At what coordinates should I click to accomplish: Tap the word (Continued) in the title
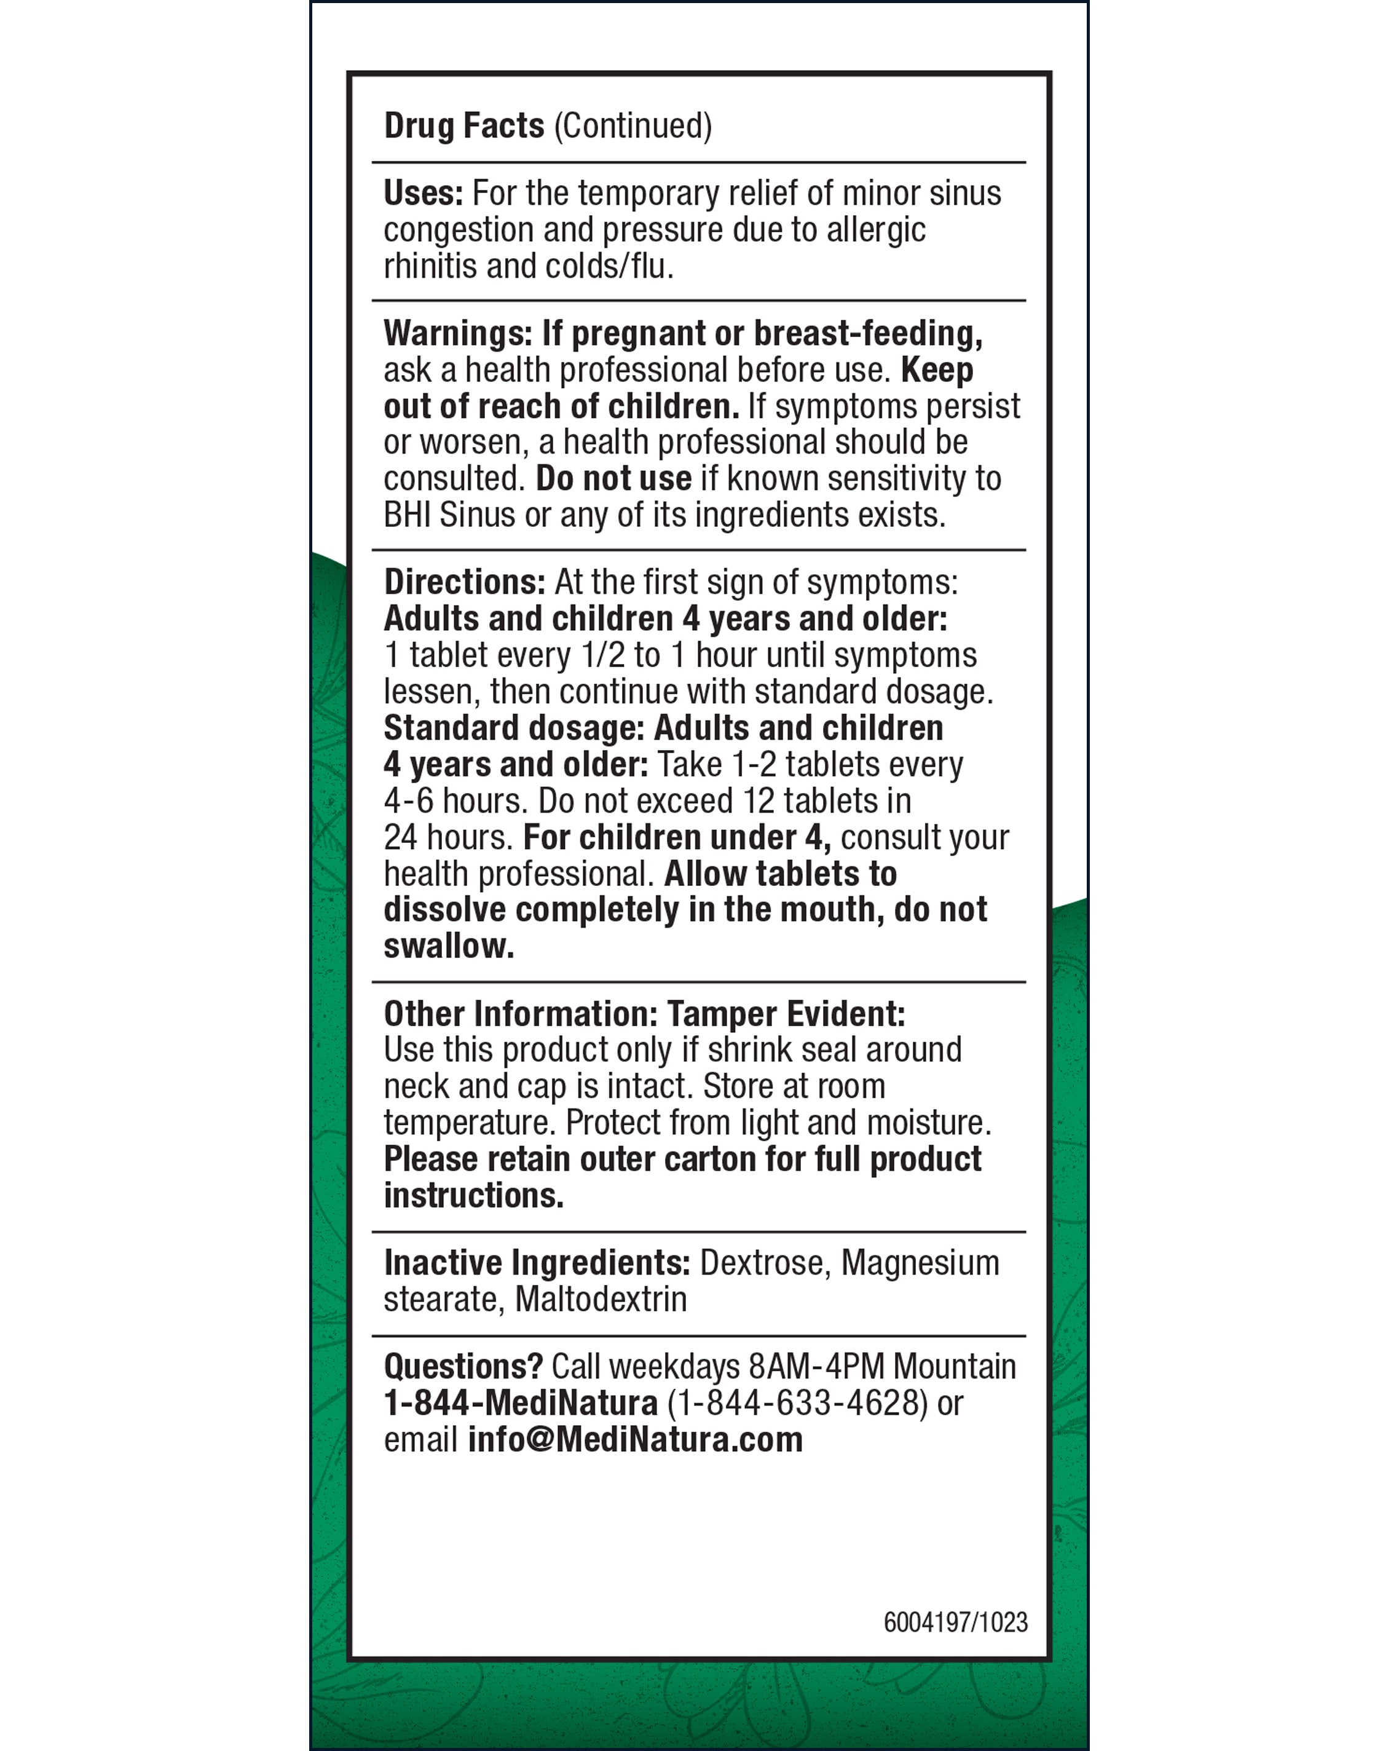click(633, 126)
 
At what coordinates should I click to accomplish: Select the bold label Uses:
click(423, 193)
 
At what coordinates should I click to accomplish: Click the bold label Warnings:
click(458, 333)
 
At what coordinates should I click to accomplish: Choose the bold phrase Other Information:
click(521, 1014)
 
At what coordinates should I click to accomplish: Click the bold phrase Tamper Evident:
click(786, 1014)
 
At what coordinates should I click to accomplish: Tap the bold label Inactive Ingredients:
click(537, 1263)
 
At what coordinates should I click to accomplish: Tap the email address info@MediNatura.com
click(635, 1439)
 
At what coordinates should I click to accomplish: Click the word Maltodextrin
click(601, 1300)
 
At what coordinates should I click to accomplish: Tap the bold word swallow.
click(448, 946)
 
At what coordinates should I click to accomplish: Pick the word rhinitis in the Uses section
click(430, 266)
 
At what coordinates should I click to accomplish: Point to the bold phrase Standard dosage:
click(514, 728)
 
